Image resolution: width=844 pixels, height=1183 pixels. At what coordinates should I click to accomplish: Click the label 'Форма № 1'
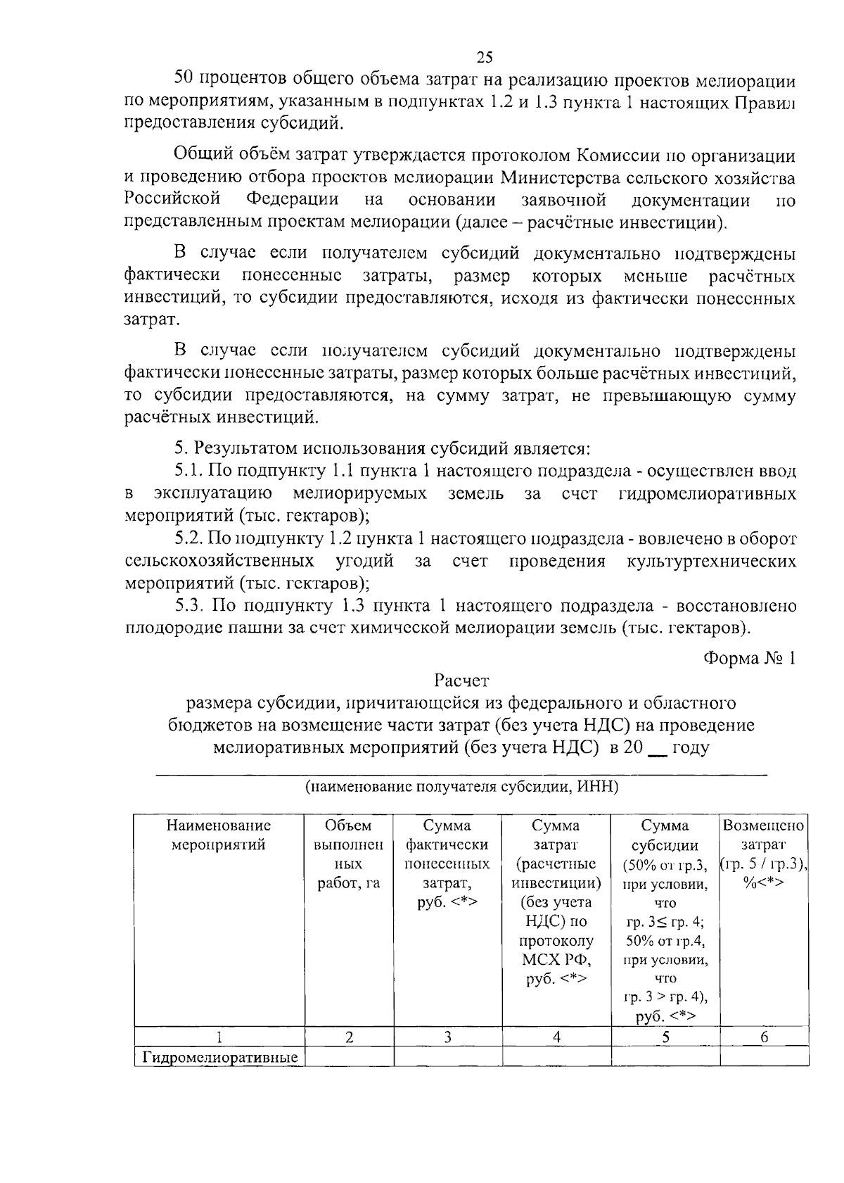pos(749,658)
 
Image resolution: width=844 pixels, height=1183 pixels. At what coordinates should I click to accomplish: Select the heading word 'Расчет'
pos(461,681)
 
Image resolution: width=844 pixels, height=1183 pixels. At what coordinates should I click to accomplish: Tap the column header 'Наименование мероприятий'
pos(219,835)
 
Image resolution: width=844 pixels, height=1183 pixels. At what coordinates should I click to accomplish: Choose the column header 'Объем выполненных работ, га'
pos(348,854)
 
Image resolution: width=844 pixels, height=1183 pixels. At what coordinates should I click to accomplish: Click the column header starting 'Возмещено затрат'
pos(764,854)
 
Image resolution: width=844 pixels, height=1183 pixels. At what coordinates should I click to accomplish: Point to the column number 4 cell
pos(556,1037)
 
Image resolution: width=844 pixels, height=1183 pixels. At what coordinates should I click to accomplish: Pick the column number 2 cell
pos(348,1037)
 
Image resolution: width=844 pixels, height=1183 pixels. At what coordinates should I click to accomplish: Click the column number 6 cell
pos(764,1037)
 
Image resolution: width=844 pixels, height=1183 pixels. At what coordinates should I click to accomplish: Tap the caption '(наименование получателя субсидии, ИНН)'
pos(461,787)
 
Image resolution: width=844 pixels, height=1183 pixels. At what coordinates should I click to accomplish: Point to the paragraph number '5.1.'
pos(189,471)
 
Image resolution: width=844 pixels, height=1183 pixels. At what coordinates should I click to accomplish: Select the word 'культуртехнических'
pos(710,561)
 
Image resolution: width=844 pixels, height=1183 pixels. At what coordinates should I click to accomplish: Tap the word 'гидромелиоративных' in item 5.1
pos(707,493)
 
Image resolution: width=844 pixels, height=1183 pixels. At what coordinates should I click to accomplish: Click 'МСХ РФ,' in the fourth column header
pos(556,959)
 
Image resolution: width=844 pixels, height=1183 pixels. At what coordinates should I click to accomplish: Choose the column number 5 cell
pos(665,1037)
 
